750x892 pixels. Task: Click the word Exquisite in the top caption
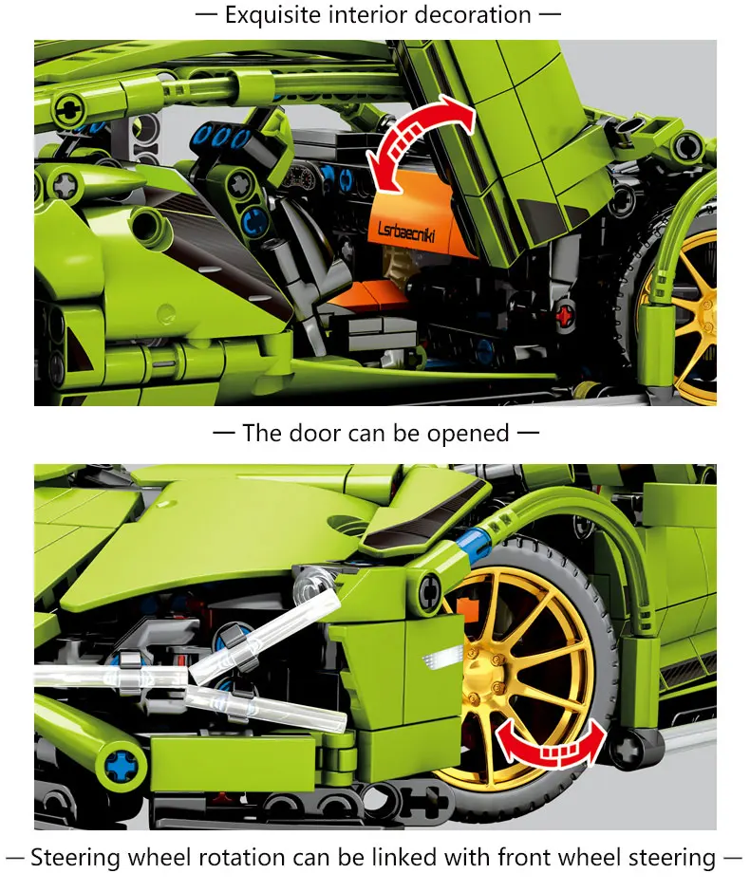tap(271, 15)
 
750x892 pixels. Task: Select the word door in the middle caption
tap(316, 434)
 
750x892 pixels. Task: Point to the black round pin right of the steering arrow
tap(629, 749)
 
